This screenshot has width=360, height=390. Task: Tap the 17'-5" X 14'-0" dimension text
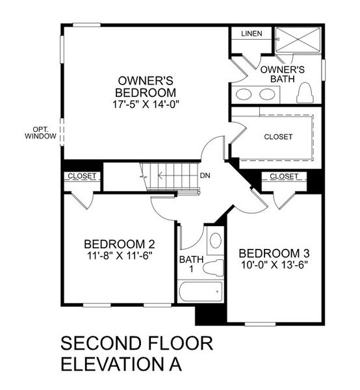coord(146,103)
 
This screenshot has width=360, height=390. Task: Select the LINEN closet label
coord(251,33)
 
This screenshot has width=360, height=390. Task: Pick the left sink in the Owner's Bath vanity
coord(244,94)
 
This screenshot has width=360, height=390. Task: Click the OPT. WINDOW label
coord(40,132)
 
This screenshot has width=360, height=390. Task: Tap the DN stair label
coord(205,175)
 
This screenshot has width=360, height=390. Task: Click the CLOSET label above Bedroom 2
coord(82,176)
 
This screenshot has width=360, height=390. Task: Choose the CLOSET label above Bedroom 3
coord(283,176)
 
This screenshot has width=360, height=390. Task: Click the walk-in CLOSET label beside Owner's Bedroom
coord(277,137)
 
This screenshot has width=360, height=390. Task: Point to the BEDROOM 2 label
coord(119,244)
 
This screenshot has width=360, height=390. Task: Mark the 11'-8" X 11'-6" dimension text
coord(119,255)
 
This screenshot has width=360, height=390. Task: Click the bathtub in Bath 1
coord(200,291)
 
